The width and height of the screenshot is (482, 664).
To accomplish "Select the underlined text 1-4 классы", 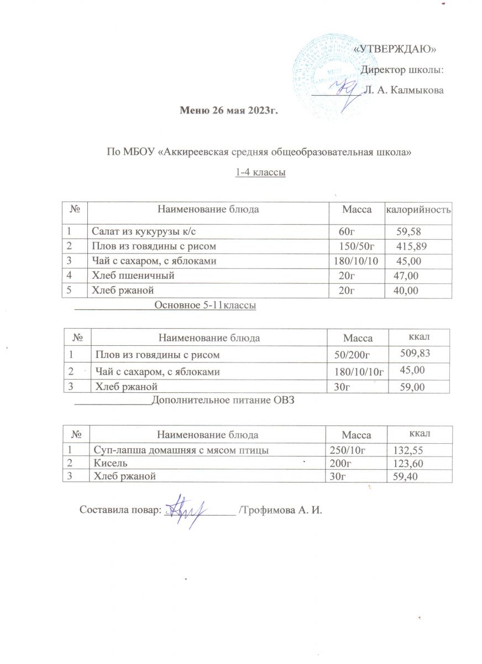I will (260, 173).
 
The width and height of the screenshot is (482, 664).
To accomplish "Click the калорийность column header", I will (418, 210).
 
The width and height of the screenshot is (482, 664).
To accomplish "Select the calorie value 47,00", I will (405, 275).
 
